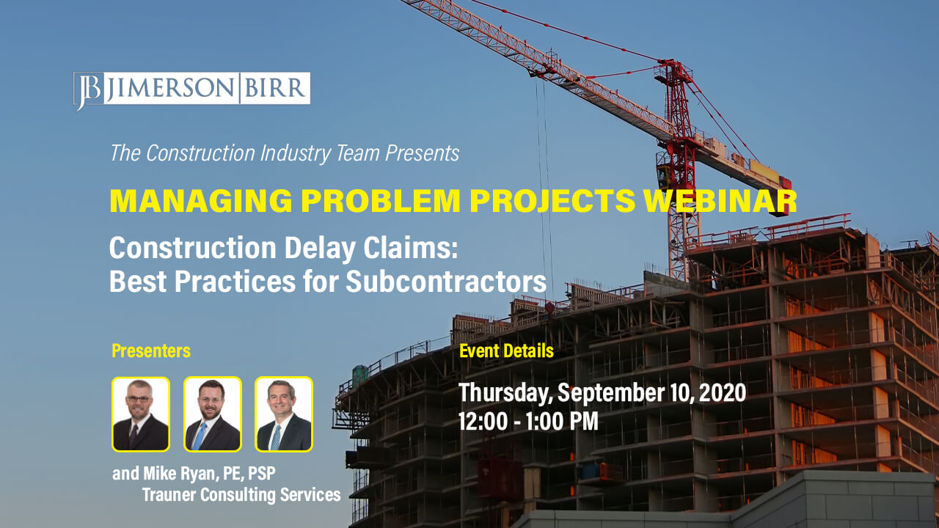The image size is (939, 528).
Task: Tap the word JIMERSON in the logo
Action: [x=171, y=88]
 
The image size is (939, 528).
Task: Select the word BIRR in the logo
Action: [x=275, y=88]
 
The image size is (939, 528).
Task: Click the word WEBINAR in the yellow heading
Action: [x=720, y=201]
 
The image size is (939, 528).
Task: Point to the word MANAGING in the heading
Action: [x=201, y=201]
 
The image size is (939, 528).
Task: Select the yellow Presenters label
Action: [x=151, y=351]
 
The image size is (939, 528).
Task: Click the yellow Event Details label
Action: [x=506, y=351]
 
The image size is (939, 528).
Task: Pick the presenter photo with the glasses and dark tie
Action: [x=141, y=414]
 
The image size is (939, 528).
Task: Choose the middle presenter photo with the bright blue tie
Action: [x=213, y=414]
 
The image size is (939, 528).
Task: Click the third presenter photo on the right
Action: [x=284, y=414]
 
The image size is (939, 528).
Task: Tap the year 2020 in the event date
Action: [x=723, y=392]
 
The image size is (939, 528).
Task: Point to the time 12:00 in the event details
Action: [x=483, y=422]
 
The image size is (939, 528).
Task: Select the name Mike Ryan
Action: [x=181, y=474]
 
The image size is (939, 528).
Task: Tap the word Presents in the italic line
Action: [x=422, y=153]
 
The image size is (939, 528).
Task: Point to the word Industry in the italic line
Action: [x=296, y=154]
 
